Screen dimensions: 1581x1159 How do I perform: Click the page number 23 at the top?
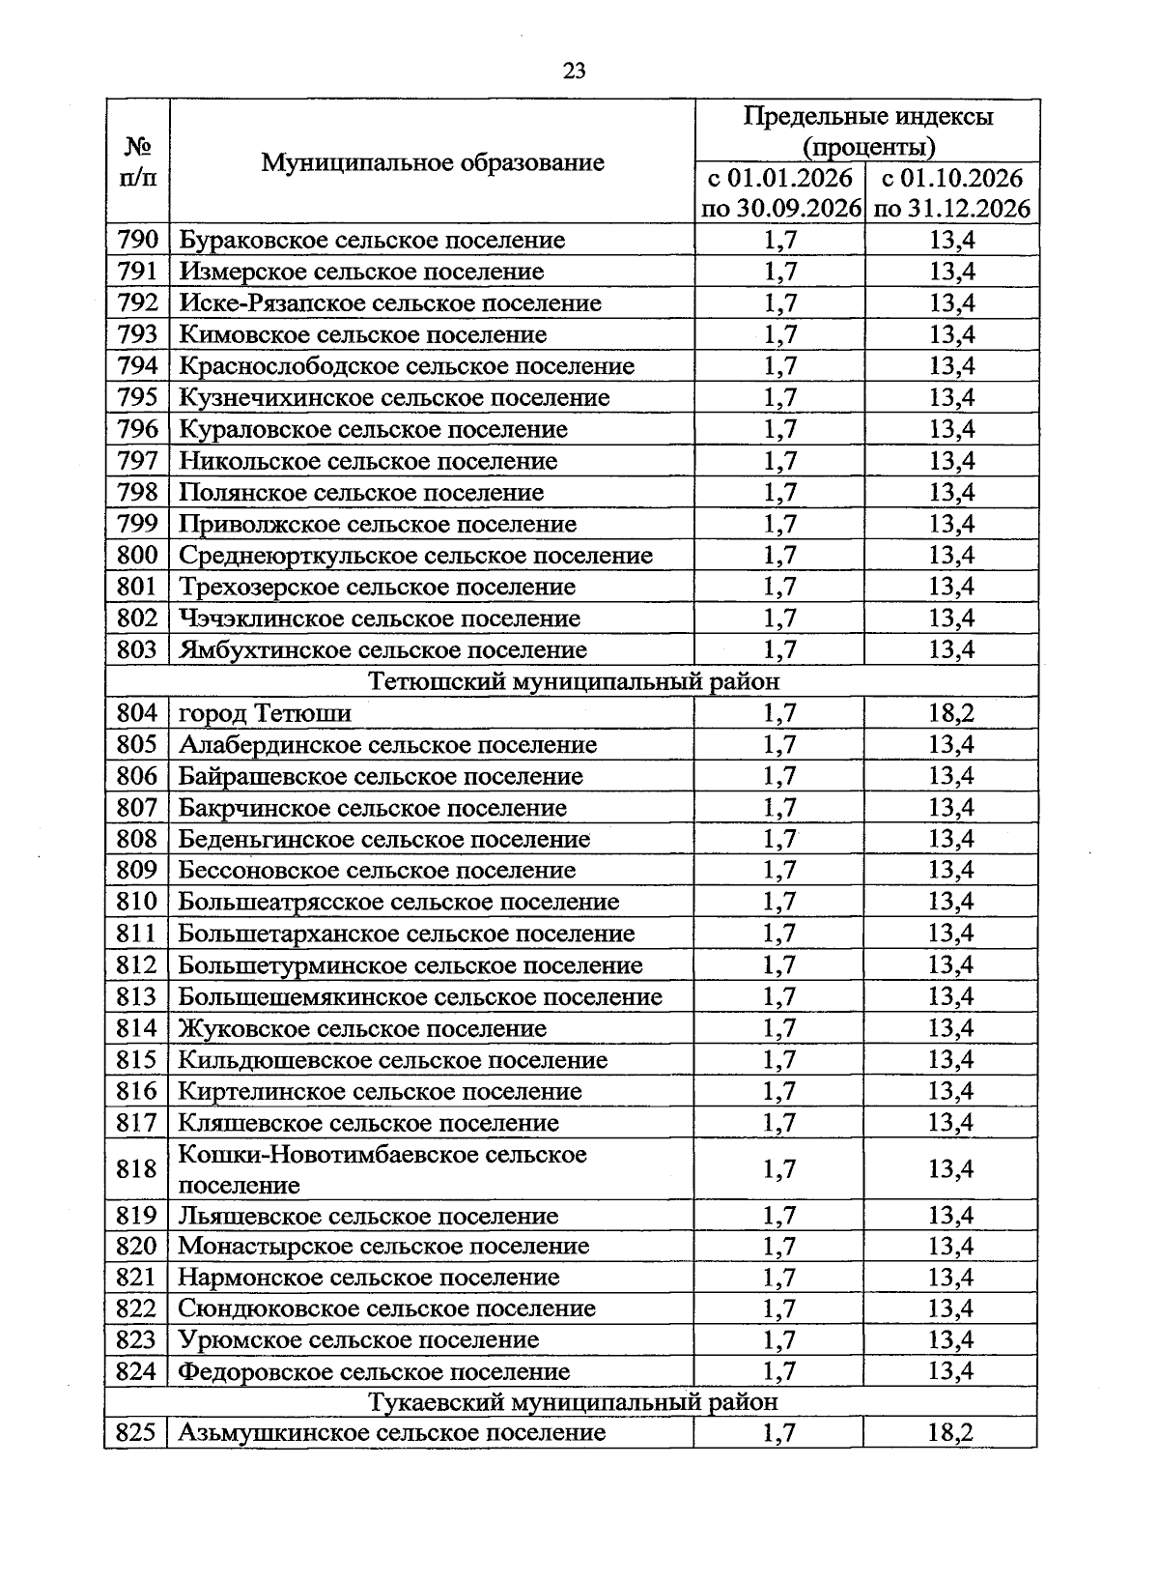pos(574,71)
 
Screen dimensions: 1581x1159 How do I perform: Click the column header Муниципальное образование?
pos(432,162)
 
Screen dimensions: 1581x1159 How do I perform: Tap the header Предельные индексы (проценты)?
pos(867,131)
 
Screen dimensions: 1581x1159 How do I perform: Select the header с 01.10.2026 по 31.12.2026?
pos(951,193)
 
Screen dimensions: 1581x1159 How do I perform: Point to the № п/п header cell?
pos(137,162)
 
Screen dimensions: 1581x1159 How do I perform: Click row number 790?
pos(137,240)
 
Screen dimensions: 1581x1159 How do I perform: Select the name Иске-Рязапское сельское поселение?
pos(389,303)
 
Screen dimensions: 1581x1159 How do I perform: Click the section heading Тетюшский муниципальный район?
pos(574,682)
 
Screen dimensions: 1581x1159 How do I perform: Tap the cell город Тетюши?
pos(265,714)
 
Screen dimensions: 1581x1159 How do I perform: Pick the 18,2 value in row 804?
pos(951,714)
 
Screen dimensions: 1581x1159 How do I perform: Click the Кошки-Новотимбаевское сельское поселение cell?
pos(382,1169)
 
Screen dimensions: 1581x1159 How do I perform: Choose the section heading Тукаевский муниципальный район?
pos(574,1401)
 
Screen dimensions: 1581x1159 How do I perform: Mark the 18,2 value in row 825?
pos(951,1433)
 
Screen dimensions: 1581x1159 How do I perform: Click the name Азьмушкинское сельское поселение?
pos(391,1433)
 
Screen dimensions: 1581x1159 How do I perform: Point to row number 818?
pos(137,1169)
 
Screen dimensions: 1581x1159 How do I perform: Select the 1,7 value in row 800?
pos(779,556)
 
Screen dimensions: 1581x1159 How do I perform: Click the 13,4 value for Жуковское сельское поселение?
pos(951,1028)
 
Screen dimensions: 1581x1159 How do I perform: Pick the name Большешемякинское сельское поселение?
pos(419,997)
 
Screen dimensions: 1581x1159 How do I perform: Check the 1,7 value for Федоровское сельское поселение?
pos(779,1371)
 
